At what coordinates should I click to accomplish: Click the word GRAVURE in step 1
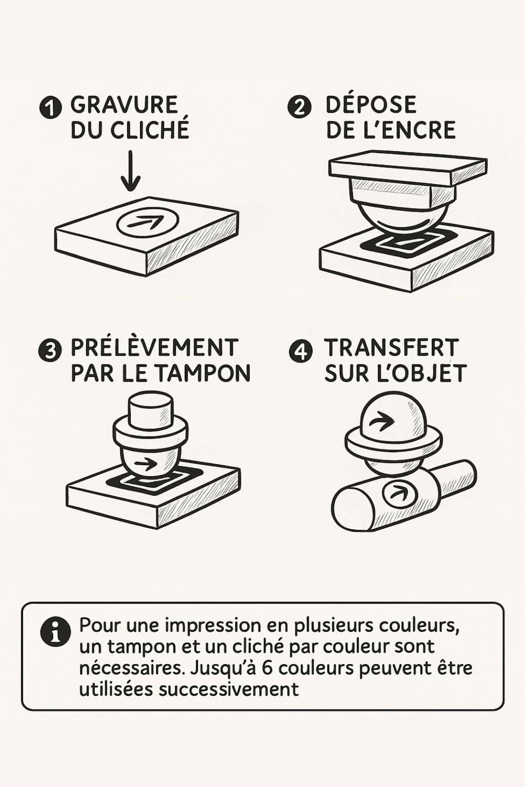pos(124,105)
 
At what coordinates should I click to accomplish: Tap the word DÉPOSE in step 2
pos(371,105)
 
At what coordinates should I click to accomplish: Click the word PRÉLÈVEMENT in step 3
pos(154,348)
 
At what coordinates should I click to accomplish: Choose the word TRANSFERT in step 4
pos(391,348)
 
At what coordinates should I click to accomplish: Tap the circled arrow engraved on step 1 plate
pos(148,222)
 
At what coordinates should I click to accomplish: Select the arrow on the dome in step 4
pos(382,421)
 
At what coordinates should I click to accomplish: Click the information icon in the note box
pos(55,630)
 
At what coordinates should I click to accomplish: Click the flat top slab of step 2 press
pos(407,168)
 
